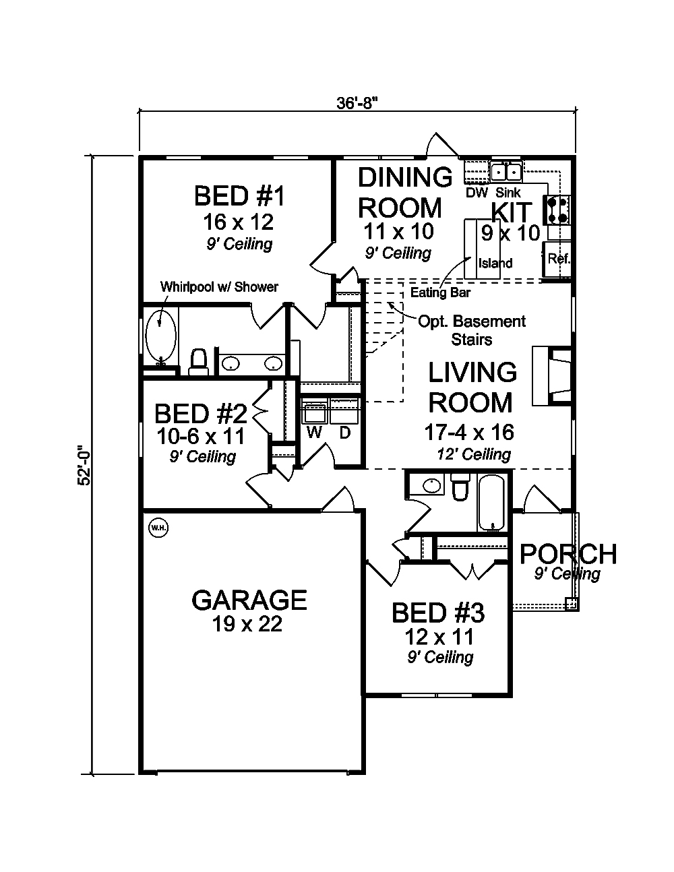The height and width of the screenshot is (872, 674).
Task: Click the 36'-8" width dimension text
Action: click(x=357, y=103)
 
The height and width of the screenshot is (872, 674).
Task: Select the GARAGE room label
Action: click(x=249, y=599)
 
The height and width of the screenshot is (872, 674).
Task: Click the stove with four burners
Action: click(x=559, y=210)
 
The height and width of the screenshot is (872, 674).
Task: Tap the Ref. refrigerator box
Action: click(x=557, y=259)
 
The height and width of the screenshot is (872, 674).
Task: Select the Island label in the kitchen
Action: click(x=495, y=263)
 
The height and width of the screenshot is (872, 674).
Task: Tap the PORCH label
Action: click(x=568, y=554)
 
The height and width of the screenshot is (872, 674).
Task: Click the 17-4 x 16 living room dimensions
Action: click(x=469, y=432)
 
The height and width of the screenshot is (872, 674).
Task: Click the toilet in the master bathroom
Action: click(x=198, y=362)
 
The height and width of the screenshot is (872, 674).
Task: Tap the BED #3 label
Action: click(x=439, y=613)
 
